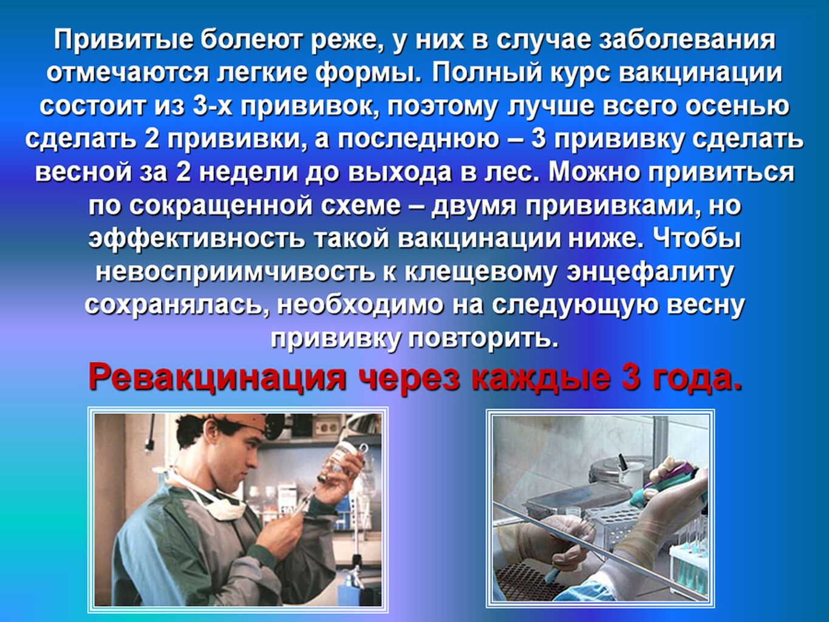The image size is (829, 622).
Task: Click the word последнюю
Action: [418, 139]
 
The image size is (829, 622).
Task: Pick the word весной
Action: [83, 173]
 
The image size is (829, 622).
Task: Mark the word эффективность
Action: [196, 239]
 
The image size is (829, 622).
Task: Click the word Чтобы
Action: [696, 239]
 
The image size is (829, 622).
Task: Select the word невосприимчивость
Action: [235, 273]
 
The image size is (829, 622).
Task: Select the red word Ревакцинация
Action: [217, 378]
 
